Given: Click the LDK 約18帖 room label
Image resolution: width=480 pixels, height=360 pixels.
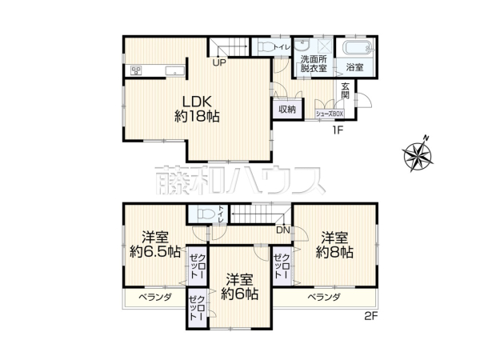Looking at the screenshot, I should tap(197, 108).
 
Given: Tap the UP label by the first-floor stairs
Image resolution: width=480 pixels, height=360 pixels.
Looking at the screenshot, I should tap(218, 63).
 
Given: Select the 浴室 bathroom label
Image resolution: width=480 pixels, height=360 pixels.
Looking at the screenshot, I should tap(354, 67).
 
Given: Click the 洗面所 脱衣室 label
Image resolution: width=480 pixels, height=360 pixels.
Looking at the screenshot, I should tap(314, 64).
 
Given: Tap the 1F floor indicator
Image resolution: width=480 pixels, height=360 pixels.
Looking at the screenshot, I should tap(339, 130).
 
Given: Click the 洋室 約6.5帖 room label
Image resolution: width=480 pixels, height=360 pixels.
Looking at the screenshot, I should tap(155, 244).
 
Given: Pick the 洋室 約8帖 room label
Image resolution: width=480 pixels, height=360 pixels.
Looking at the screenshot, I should tap(334, 244).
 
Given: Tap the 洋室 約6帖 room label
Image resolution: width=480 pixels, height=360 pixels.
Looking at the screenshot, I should tap(240, 286).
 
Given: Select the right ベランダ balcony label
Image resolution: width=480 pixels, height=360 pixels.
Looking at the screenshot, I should tap(324, 298).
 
